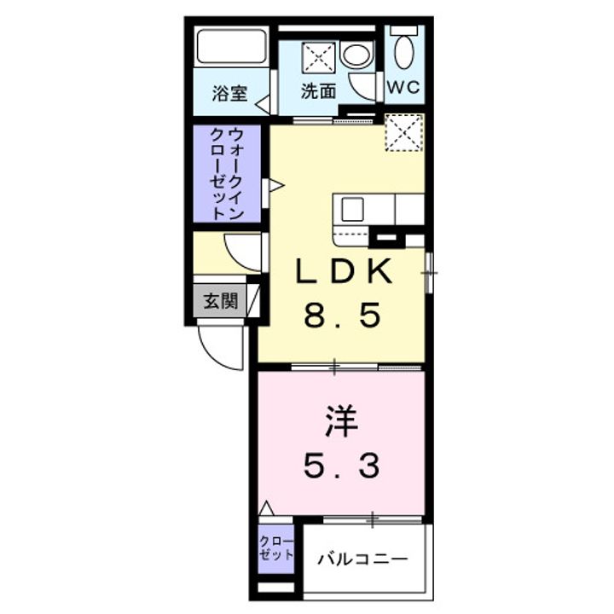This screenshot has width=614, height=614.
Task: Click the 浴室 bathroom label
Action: [229, 93]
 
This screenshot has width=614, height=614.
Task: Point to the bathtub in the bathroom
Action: [231, 47]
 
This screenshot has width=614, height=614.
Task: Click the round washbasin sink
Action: [356, 55]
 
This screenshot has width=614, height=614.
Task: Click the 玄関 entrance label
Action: [219, 300]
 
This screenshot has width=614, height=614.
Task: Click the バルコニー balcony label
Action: [363, 560]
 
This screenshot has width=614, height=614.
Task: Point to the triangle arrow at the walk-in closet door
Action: [275, 185]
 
